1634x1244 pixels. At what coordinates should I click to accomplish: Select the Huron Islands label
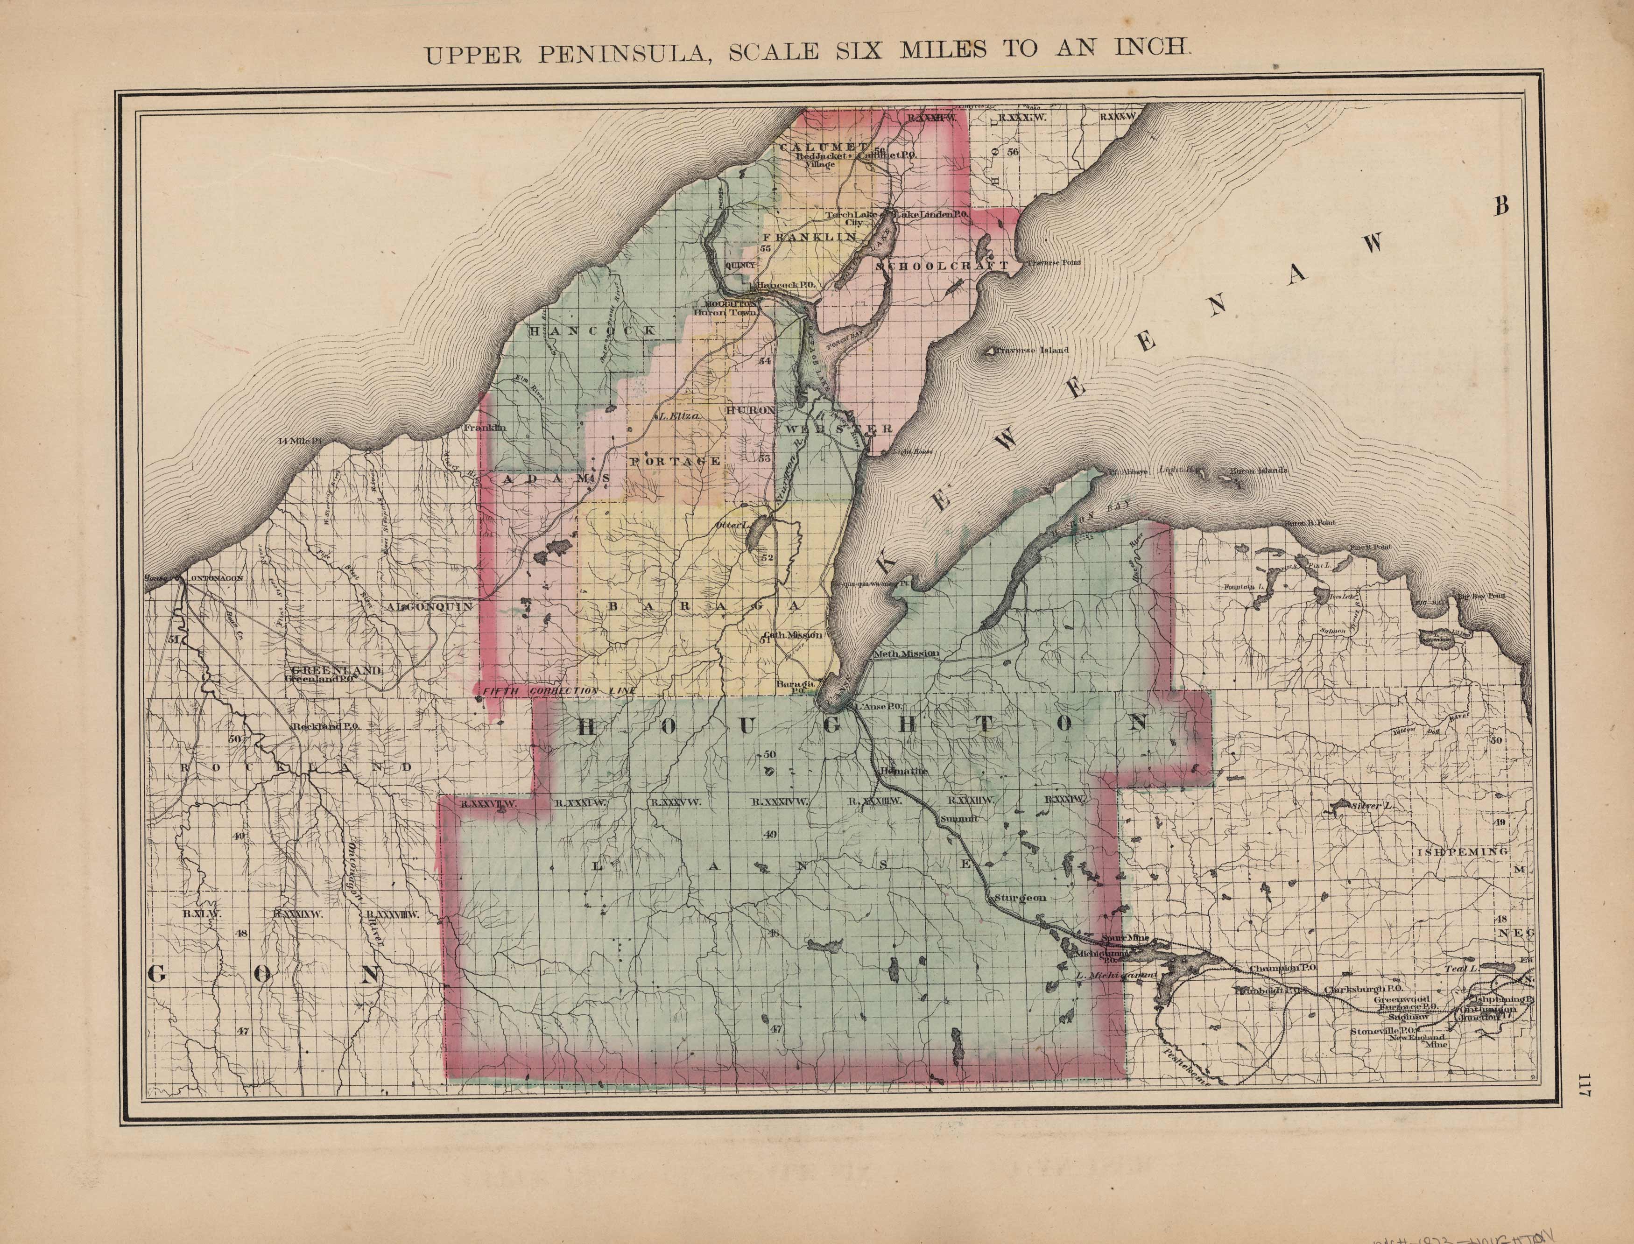[x=1259, y=470]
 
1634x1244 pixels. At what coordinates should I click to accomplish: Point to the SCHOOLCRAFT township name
[x=942, y=265]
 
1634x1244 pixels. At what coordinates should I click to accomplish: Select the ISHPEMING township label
[x=1462, y=852]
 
